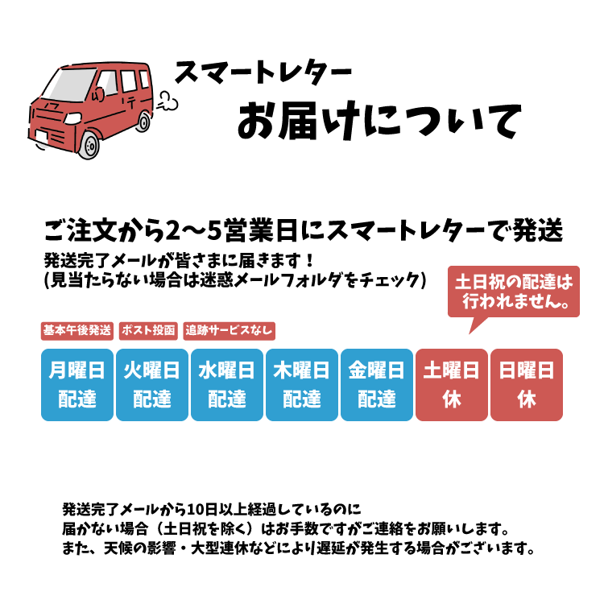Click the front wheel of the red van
point(90,146)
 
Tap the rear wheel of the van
point(143,122)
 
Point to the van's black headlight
point(72,118)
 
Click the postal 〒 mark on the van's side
point(128,102)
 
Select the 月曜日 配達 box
point(77,384)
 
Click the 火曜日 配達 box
point(152,384)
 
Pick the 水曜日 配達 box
point(227,384)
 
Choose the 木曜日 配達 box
point(302,384)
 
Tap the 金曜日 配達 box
point(377,384)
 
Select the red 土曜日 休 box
point(452,384)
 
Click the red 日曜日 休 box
point(527,384)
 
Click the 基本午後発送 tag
point(77,330)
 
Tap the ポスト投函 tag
point(148,330)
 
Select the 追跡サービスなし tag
point(229,330)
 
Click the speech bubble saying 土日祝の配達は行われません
point(514,292)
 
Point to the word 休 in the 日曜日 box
point(527,399)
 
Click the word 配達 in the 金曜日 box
point(377,399)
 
